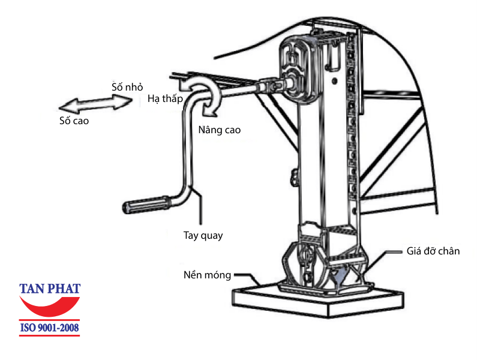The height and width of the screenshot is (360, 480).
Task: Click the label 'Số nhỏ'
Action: [x=127, y=86]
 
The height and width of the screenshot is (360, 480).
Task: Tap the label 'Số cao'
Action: [x=74, y=121]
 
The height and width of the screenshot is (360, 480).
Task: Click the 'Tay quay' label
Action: [x=203, y=235]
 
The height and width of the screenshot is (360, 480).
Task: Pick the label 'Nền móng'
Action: [x=207, y=275]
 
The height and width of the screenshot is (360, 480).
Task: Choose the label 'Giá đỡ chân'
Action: [x=431, y=251]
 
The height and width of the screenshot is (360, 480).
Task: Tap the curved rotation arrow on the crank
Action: [x=205, y=96]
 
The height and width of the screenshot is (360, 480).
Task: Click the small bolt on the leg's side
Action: [x=295, y=176]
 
